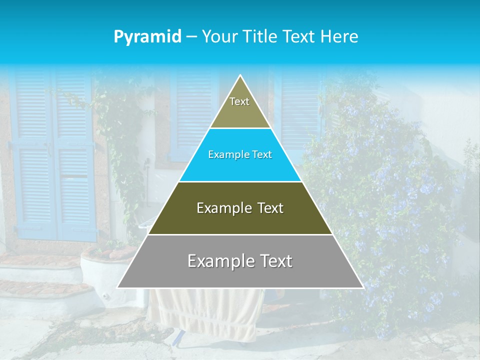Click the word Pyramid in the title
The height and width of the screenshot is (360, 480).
(147, 36)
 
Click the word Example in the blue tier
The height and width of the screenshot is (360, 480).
(224, 154)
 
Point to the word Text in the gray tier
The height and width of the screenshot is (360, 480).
(273, 261)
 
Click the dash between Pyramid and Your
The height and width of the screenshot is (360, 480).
(191, 36)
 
